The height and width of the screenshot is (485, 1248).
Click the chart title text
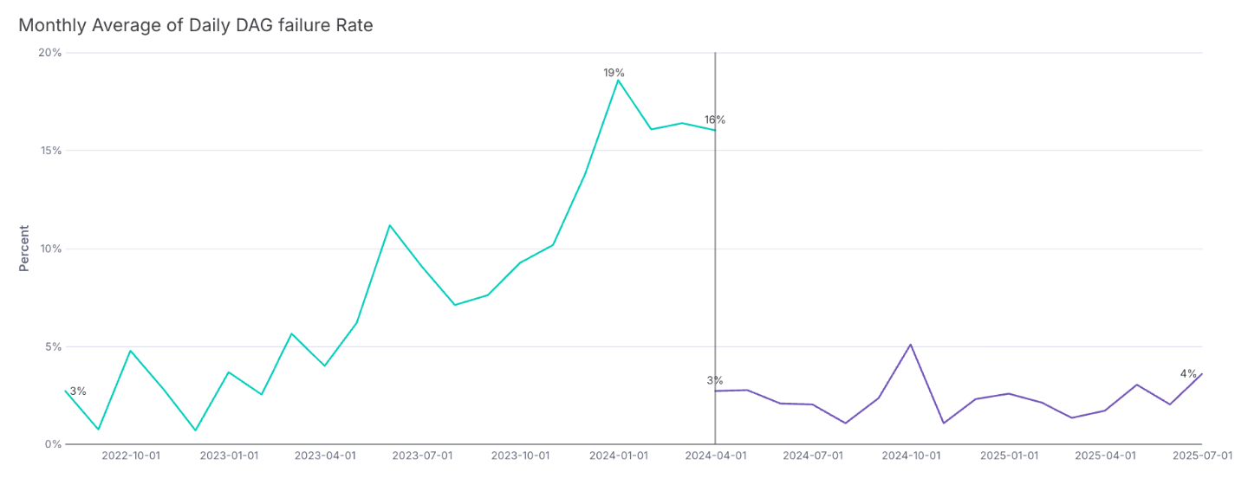click(195, 26)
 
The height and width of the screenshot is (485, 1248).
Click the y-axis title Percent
click(24, 249)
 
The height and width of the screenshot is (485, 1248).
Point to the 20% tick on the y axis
click(51, 53)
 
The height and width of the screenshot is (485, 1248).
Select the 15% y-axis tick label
click(51, 151)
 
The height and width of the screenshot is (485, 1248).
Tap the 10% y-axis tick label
click(51, 249)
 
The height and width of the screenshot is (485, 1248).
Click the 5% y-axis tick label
click(54, 346)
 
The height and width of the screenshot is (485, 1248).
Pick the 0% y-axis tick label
click(54, 444)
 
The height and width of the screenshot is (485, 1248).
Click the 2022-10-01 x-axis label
click(131, 456)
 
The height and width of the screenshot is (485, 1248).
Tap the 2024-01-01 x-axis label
click(617, 456)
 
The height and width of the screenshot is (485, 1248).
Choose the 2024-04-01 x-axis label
click(715, 456)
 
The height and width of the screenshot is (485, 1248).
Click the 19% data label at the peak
click(614, 73)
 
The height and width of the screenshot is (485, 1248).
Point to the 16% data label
click(714, 120)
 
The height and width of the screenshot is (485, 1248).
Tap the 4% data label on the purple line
click(1187, 373)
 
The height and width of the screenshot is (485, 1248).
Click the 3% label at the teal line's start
click(78, 391)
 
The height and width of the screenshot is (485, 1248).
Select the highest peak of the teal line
click(618, 80)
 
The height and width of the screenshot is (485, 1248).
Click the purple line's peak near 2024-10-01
click(910, 345)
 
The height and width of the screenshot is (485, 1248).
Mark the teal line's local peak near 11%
click(389, 225)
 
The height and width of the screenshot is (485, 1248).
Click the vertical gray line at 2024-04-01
click(715, 260)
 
